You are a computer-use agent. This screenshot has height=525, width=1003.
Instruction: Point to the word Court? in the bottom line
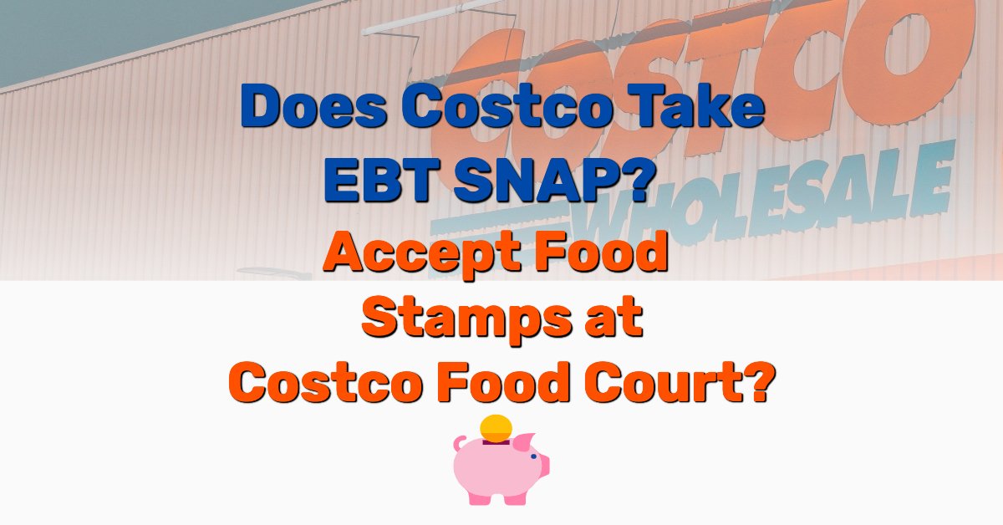[689, 384]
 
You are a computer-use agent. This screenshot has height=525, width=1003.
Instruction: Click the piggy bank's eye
[532, 457]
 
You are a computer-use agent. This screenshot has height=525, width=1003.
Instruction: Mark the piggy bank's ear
[525, 441]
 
